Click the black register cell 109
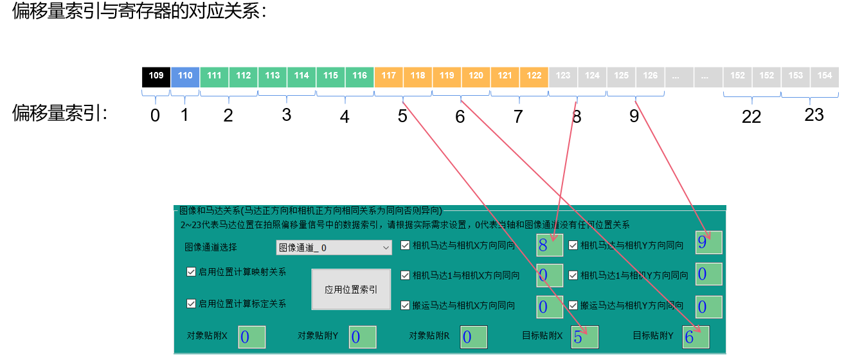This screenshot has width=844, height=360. pos(156,76)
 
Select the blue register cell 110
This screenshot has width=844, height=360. pos(185,76)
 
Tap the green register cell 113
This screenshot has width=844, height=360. pos(273,76)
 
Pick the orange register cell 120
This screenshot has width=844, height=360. pos(476,76)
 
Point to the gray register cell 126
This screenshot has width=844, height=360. pos(651,76)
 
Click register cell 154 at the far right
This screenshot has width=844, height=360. pos(825,76)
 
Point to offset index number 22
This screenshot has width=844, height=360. pos(751,116)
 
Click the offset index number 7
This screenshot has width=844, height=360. pos(519,116)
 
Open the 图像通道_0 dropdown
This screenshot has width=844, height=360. pos(334,248)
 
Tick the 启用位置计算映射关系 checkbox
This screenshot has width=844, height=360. pos(191,272)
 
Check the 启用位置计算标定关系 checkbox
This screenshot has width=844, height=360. pos(191,303)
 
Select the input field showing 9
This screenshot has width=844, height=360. pos(708,243)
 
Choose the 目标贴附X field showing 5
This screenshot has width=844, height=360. pos(584,337)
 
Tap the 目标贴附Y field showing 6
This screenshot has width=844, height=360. pos(696,337)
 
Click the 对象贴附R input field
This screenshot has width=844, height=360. pos(474,337)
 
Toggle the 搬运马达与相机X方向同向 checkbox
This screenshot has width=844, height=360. pos(405,305)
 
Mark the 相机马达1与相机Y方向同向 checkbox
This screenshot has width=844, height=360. pos(573,275)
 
